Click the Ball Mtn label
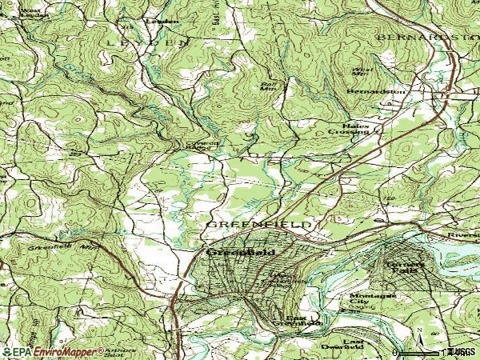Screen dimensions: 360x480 [x=268, y=86]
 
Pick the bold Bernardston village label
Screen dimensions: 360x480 [x=376, y=92]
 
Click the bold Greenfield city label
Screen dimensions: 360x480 [x=241, y=252]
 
